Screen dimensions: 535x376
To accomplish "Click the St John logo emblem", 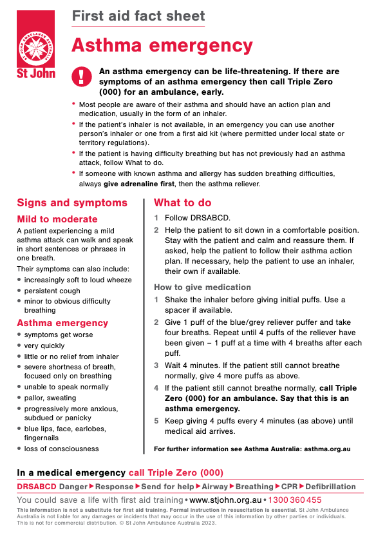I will (35, 44).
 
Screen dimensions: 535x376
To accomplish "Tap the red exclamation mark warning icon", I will (81, 77).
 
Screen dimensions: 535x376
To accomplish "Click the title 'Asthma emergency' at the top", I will (162, 45).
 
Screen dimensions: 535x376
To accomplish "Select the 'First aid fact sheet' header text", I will (138, 16).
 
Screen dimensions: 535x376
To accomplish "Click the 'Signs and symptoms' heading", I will (72, 203).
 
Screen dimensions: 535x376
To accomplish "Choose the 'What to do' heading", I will (182, 203).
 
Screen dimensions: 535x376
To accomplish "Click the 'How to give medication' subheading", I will (202, 287).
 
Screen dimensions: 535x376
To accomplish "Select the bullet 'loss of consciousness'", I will (62, 449).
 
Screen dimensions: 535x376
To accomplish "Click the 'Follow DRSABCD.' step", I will (197, 219).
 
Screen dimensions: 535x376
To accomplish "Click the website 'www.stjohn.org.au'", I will (225, 500).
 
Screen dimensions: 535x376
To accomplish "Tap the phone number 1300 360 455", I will (295, 500).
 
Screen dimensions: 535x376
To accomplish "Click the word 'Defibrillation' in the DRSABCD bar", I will (330, 487).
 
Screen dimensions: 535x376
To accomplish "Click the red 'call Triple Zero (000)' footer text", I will (176, 472).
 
